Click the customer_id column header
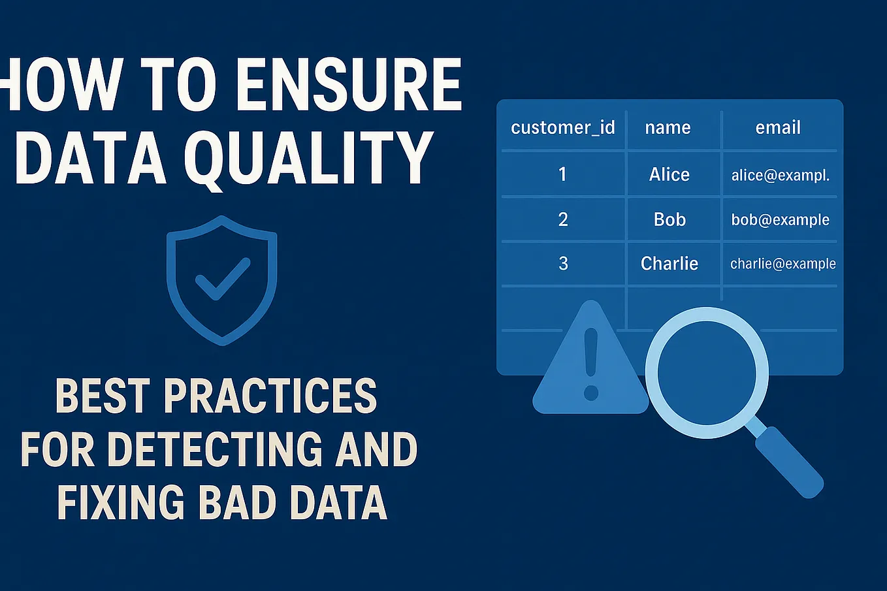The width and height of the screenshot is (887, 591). tap(562, 128)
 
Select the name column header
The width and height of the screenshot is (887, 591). tap(668, 128)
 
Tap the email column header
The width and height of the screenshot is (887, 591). tap(778, 127)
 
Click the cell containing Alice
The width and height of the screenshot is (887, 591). tap(669, 174)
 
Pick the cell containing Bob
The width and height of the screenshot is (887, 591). tap(669, 219)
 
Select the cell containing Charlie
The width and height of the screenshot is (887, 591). tap(669, 263)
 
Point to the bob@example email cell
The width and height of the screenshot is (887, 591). tap(780, 219)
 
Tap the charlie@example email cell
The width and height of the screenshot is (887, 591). tap(783, 264)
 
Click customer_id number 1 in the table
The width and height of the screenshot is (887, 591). tap(562, 174)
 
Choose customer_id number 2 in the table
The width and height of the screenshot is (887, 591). tap(563, 219)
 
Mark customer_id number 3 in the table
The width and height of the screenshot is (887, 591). tap(563, 263)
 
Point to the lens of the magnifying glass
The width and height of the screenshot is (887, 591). tap(707, 373)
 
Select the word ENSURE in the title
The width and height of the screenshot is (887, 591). tap(349, 84)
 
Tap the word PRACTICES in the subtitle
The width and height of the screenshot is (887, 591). tap(270, 396)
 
